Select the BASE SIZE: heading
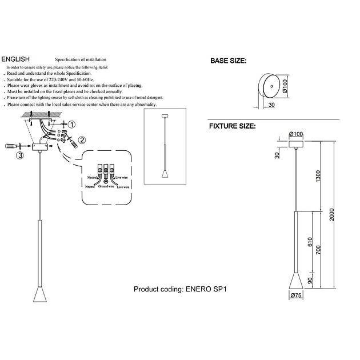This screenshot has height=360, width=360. tap(229, 61)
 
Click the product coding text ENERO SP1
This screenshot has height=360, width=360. tap(181, 290)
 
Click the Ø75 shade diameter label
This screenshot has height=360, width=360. tap(295, 295)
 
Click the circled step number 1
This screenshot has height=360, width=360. tap(71, 124)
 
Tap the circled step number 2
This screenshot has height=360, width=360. tap(82, 139)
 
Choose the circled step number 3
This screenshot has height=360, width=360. tap(19, 155)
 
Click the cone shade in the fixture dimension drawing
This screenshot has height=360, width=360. tap(295, 281)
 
